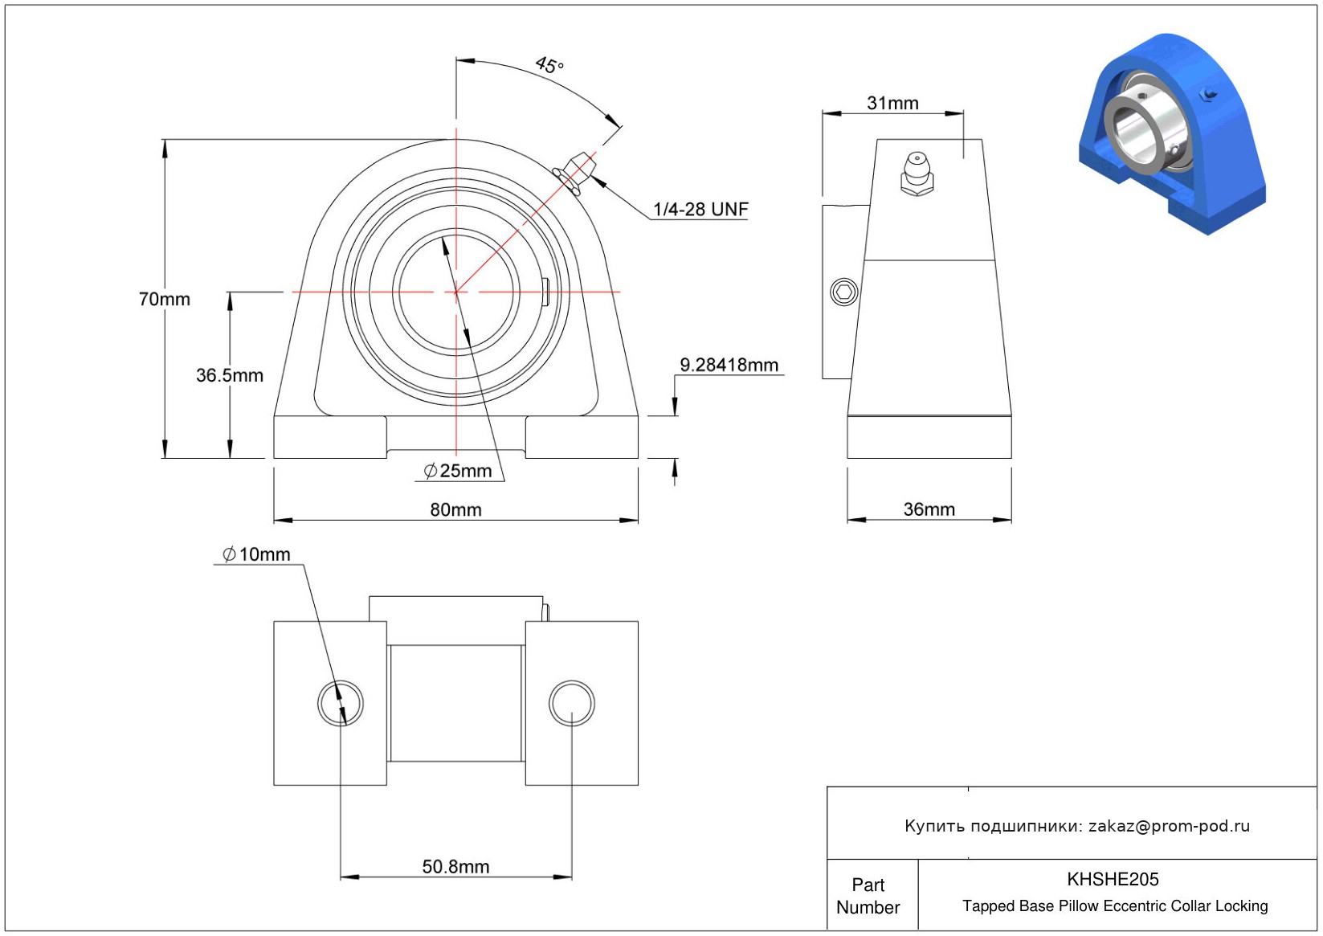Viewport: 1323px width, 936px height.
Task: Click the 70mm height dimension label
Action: point(164,299)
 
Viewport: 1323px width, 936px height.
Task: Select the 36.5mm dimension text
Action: point(230,375)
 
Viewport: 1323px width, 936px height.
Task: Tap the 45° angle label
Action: point(550,65)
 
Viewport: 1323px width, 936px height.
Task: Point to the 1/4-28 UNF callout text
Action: point(700,209)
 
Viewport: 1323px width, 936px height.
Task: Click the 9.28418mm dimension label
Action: point(729,366)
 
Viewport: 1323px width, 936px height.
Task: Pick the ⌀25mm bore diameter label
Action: point(458,471)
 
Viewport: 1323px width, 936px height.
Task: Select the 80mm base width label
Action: point(455,509)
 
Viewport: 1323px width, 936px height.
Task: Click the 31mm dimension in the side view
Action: point(892,104)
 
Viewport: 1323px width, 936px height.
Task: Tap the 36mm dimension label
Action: point(929,509)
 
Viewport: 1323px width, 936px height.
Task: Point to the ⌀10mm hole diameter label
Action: point(256,554)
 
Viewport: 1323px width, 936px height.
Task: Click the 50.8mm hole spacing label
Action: point(455,867)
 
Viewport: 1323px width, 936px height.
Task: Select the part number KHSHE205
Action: point(1113,879)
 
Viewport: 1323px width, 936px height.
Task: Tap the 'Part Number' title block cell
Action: point(868,896)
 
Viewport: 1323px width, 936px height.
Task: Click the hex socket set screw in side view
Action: point(844,292)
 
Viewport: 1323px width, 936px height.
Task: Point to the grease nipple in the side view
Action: point(917,174)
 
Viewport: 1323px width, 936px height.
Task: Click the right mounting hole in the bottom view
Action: point(571,703)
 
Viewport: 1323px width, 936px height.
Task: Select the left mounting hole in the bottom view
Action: point(341,703)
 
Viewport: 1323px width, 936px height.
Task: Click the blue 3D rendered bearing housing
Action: point(1172,133)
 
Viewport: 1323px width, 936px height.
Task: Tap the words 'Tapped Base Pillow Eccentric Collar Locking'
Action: point(1115,905)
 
